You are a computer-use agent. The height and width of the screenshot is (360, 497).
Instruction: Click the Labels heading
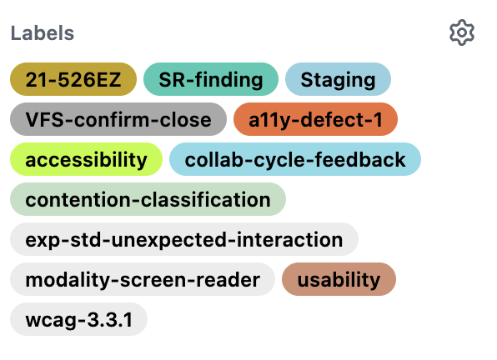tap(43, 33)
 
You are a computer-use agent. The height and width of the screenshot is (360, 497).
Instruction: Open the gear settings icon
tap(462, 32)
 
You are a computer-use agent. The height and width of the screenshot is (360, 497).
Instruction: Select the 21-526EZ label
tap(73, 79)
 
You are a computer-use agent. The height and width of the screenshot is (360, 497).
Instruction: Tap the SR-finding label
tap(211, 79)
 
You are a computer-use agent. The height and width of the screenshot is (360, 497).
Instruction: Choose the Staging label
tap(338, 79)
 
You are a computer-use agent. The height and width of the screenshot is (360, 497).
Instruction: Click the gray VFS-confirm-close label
tap(118, 119)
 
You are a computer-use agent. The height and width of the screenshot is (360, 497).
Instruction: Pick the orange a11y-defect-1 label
tap(315, 119)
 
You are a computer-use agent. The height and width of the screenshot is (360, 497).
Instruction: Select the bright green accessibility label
tap(86, 159)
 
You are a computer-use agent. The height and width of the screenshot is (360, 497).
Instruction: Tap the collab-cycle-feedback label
tap(295, 159)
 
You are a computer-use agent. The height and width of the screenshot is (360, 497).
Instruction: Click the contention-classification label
tap(148, 199)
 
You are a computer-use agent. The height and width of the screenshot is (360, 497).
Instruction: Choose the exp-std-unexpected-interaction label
tap(184, 239)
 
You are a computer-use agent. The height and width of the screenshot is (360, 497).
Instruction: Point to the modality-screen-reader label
tap(143, 279)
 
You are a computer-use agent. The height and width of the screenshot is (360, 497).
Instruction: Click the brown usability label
tap(339, 279)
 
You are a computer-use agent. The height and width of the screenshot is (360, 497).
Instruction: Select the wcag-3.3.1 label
tap(79, 319)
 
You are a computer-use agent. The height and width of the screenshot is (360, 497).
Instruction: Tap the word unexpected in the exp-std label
tap(169, 240)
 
